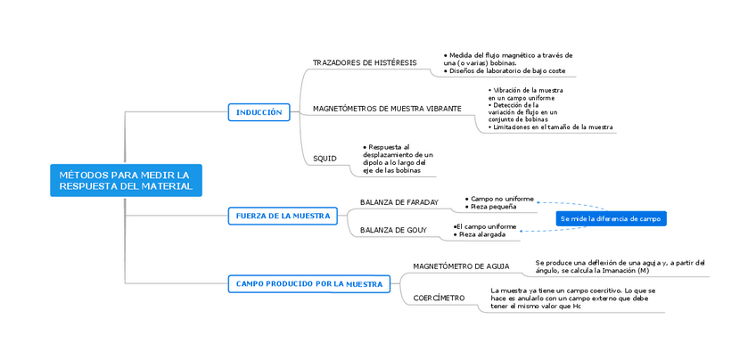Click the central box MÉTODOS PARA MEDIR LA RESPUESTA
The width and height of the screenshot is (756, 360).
pos(126,180)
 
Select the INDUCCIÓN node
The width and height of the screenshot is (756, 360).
pos(259,112)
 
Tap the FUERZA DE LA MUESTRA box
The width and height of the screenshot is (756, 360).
pos(283,216)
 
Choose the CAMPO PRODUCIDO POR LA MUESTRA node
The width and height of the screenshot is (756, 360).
pos(308,283)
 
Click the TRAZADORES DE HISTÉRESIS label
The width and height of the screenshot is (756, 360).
pos(364,62)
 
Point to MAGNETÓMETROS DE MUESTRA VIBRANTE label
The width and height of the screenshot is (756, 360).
pos(387,108)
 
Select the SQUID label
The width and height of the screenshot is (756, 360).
pos(325,158)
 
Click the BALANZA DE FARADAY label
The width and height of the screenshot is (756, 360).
pos(399,202)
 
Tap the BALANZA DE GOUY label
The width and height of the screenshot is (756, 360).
pos(393,230)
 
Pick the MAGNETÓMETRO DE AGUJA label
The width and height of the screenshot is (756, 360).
pos(461,266)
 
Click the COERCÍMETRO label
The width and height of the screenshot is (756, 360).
pos(439,298)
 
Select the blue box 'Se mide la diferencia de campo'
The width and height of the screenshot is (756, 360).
pos(611,218)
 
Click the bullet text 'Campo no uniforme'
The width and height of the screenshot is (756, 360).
pos(502,198)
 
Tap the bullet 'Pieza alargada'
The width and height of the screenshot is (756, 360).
pos(482,234)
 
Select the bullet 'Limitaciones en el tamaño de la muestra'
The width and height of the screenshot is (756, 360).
pos(553,127)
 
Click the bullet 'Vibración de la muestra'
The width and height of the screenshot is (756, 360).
pos(528,90)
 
